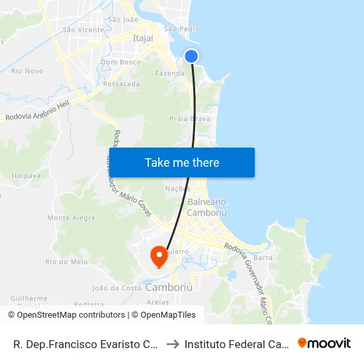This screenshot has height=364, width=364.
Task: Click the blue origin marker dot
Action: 191,56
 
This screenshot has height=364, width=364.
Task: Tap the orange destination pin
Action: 159,255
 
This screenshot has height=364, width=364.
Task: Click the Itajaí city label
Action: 143,39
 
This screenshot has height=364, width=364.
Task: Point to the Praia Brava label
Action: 185,119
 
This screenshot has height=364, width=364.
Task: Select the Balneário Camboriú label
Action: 207,207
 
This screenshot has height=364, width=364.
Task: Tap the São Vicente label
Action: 83,30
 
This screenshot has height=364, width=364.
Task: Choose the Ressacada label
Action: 122,84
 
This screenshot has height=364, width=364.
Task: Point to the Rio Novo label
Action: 27,71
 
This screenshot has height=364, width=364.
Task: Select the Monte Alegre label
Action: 71,218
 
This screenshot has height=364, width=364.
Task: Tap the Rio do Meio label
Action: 66,261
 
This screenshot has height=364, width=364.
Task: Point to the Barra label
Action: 263,257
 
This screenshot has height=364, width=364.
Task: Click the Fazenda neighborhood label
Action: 169,73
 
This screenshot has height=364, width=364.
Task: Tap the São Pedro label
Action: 181,29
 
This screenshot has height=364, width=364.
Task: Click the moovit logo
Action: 324,343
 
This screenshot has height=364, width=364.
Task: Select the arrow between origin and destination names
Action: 173,343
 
